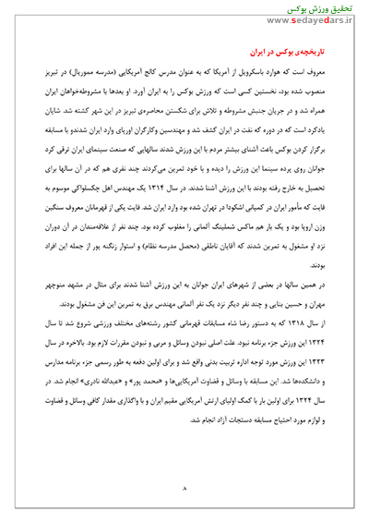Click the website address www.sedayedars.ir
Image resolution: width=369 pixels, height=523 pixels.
(319, 18)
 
